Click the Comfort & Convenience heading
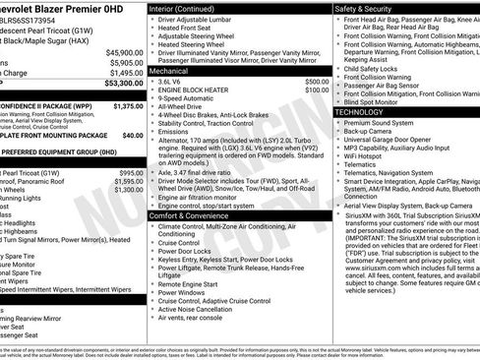(x=194, y=214)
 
